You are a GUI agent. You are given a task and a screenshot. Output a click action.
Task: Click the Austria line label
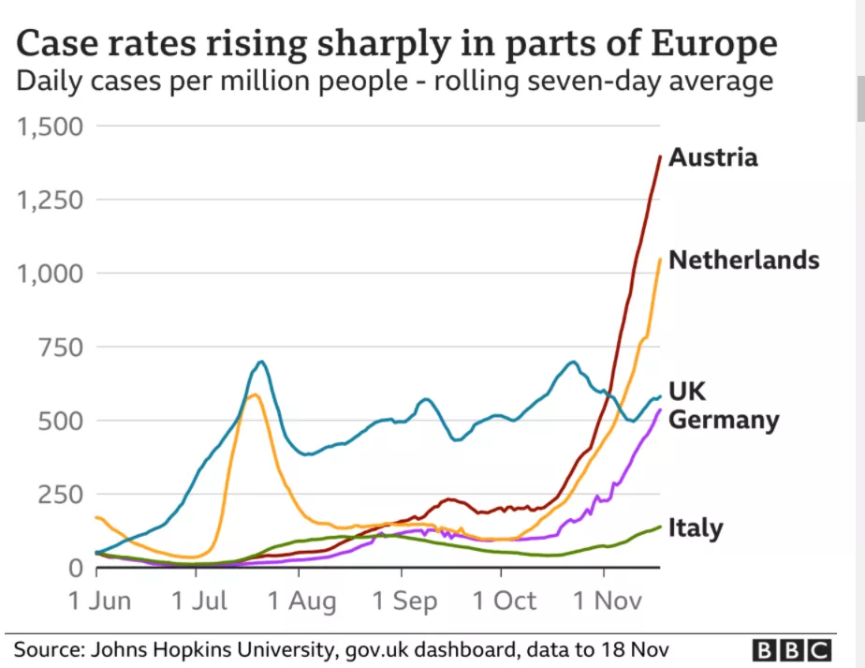click(x=712, y=156)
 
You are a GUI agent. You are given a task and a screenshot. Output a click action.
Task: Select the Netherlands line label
click(x=744, y=260)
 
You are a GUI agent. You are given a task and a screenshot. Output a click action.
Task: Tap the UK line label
click(x=687, y=391)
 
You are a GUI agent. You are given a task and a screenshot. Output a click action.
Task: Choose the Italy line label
click(x=696, y=527)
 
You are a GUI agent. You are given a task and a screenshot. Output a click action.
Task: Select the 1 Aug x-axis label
click(x=302, y=600)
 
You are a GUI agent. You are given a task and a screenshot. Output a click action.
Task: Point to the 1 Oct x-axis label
click(x=505, y=600)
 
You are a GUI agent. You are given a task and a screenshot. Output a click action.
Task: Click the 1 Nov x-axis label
click(x=604, y=600)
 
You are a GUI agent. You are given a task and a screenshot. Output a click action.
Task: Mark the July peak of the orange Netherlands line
click(x=253, y=394)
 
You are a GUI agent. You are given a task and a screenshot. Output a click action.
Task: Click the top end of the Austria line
click(x=660, y=156)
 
